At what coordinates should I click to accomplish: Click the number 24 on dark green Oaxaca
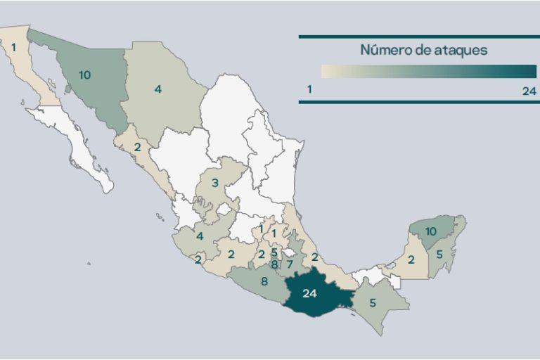coord(309,294)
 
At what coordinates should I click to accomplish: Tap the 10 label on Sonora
coord(84,75)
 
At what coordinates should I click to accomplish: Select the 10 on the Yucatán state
coord(431,231)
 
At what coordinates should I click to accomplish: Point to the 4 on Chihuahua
coord(158,89)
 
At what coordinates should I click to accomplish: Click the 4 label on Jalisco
coord(200,236)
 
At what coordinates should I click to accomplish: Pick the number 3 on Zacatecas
coord(215,184)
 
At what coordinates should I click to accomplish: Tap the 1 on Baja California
coord(13,47)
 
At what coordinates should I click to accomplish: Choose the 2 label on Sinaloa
coord(137,147)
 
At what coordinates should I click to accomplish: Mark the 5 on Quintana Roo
coord(439,255)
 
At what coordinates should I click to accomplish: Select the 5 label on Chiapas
coord(372,304)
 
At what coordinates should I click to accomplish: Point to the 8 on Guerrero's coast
coord(264,283)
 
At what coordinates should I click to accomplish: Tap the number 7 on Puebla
coord(289,265)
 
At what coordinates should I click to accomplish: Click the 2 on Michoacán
coord(231,255)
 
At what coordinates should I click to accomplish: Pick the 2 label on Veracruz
coord(315,257)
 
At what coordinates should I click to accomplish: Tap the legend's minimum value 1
coord(309,90)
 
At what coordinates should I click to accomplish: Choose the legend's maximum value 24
coord(529,90)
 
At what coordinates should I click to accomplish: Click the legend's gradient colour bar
coord(428,71)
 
